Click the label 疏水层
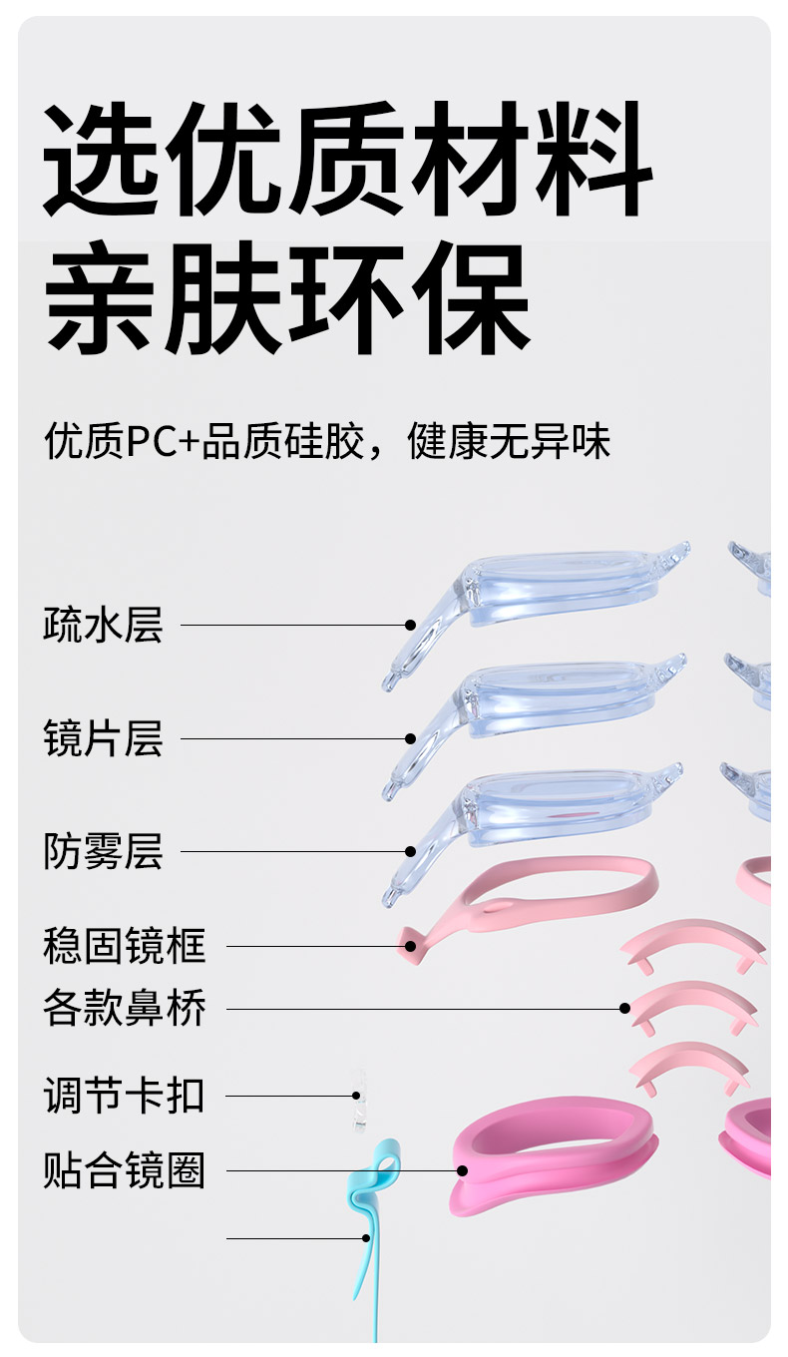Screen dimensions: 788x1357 (103, 627)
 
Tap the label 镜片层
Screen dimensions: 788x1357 (103, 739)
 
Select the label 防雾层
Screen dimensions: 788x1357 (103, 852)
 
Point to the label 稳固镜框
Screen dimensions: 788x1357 (124, 945)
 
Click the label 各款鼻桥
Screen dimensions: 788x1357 (124, 1009)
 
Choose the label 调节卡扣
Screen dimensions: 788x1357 (124, 1096)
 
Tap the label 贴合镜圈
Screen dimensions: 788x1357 (124, 1169)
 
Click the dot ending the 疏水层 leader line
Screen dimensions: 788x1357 (410, 625)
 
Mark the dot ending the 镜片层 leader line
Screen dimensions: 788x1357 (410, 738)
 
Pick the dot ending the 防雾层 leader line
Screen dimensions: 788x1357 (410, 851)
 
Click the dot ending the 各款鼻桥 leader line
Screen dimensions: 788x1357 (625, 1009)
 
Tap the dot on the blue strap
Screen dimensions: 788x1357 (367, 1238)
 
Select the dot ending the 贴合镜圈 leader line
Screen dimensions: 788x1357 (462, 1169)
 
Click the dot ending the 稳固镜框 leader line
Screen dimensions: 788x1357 (410, 945)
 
